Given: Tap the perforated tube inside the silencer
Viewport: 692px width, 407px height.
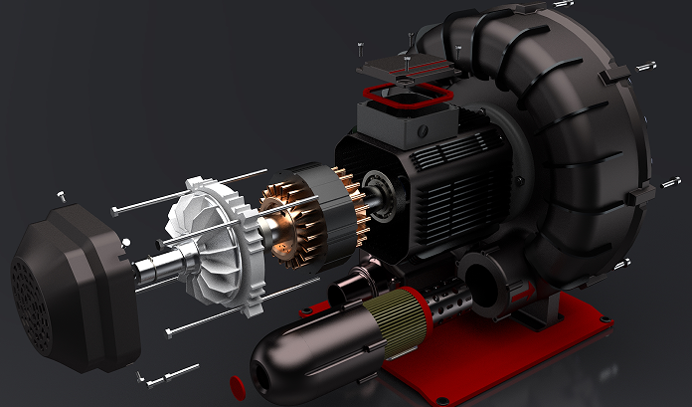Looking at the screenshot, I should click(447, 299).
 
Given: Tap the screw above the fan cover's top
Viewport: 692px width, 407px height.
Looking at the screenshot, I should click(62, 196).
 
